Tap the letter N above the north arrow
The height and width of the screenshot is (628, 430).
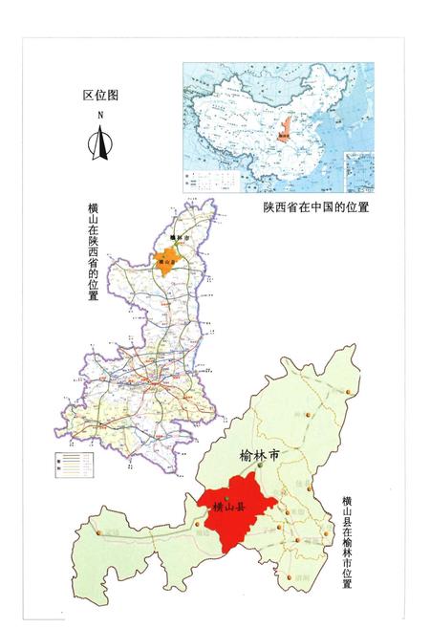pyautogui.click(x=99, y=116)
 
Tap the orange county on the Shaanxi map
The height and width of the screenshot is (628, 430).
pyautogui.click(x=168, y=263)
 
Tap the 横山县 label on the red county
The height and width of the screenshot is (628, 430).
pyautogui.click(x=229, y=508)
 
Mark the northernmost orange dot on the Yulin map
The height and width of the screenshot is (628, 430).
pyautogui.click(x=350, y=393)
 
